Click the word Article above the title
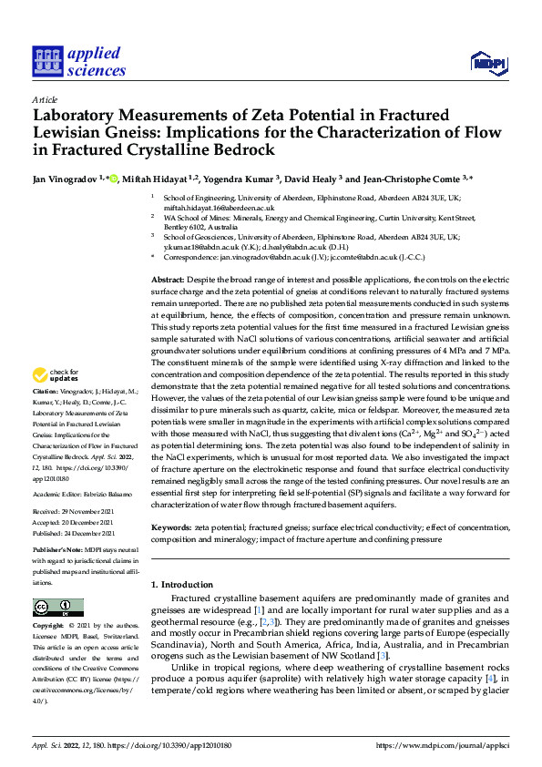(45, 99)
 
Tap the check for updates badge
(56, 374)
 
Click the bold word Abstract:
(169, 280)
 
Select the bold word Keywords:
(171, 527)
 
